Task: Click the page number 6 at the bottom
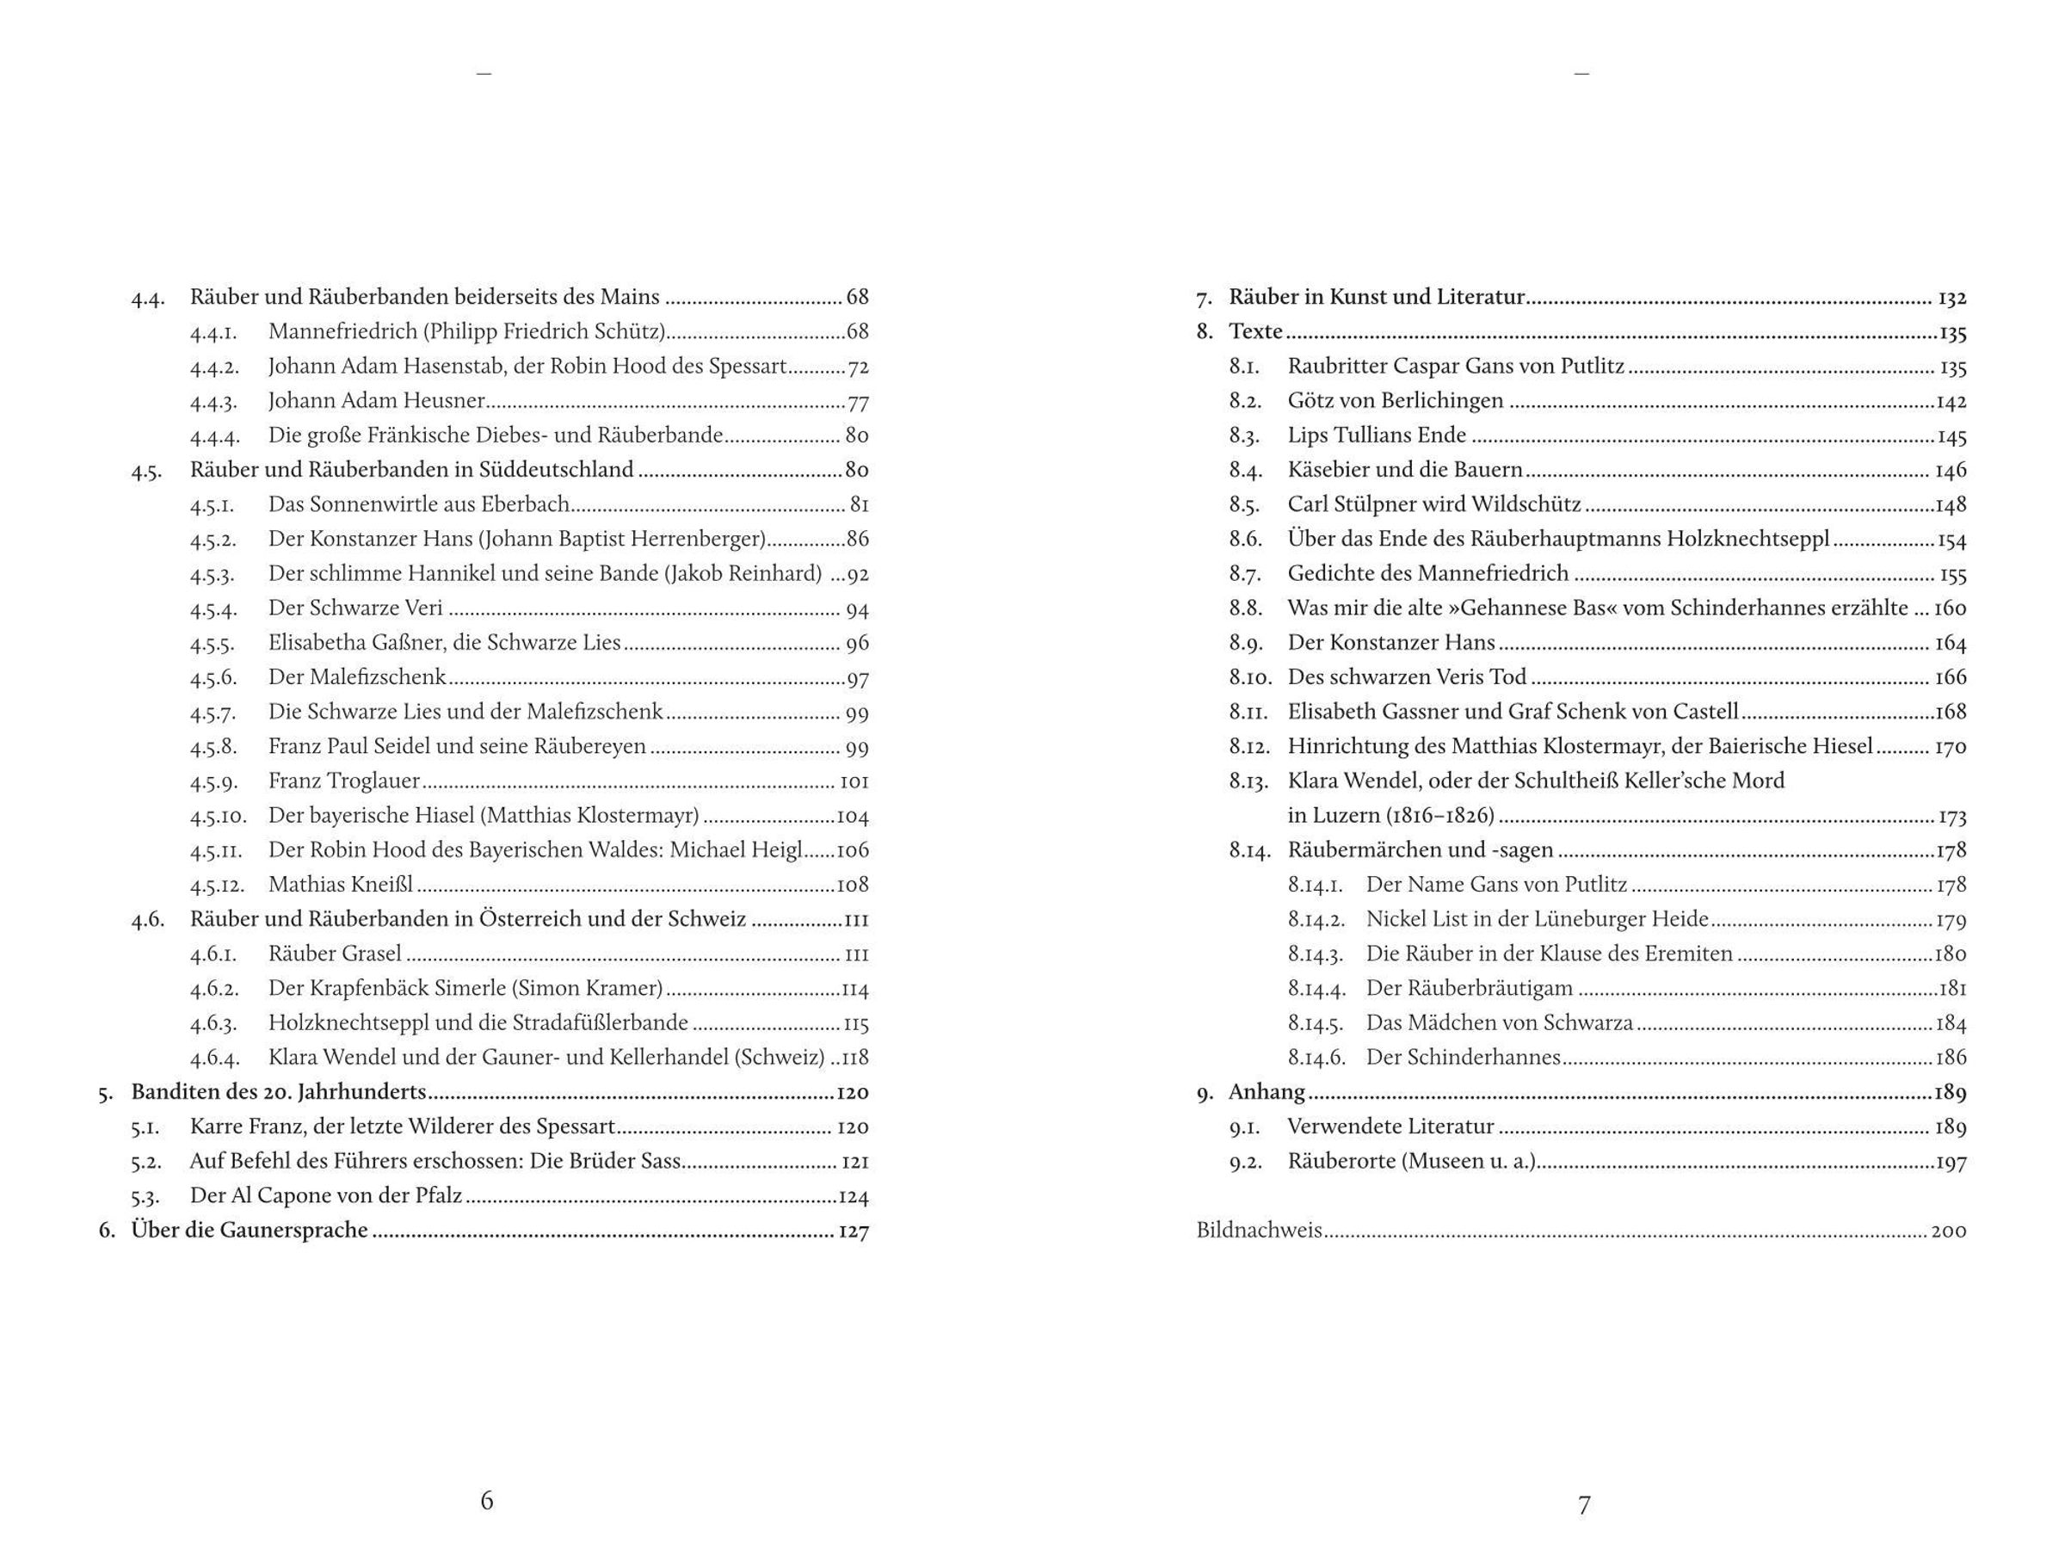486,1500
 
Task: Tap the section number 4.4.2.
215,366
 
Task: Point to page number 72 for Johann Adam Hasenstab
857,367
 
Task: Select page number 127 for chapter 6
854,1231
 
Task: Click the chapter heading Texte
1255,331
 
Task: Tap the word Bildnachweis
1259,1230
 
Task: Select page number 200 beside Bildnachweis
1948,1231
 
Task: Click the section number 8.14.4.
1316,988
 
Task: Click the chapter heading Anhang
1267,1092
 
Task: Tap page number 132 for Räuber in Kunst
1952,298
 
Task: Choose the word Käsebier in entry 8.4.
1327,470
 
